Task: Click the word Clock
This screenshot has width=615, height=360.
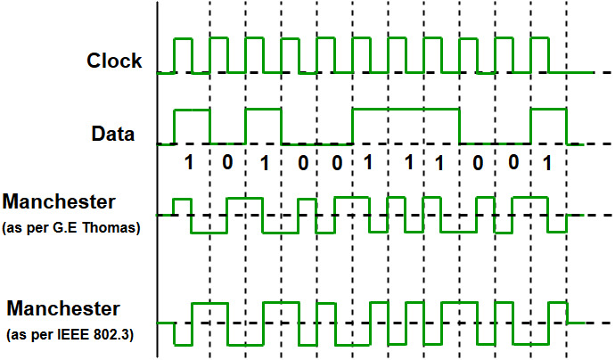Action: (x=114, y=61)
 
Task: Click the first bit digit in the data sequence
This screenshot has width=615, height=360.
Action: (x=188, y=164)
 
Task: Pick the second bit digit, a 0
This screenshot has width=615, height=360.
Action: (x=227, y=164)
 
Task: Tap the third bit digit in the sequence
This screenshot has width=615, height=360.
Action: (x=262, y=164)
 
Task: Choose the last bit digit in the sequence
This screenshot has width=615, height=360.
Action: (x=547, y=164)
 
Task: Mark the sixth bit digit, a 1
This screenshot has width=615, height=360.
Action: (x=367, y=164)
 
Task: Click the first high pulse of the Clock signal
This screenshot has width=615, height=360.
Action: (x=184, y=55)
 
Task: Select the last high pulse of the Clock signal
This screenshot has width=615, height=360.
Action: (x=540, y=55)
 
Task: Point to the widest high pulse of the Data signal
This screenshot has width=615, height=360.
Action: (x=406, y=125)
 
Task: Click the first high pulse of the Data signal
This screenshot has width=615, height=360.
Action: (x=193, y=125)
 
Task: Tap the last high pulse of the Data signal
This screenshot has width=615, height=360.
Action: (x=548, y=125)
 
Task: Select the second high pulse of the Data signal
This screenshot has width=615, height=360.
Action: (x=264, y=125)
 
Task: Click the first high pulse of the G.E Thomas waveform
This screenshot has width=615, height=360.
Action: (x=184, y=207)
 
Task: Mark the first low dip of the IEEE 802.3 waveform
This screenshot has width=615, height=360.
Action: (x=184, y=332)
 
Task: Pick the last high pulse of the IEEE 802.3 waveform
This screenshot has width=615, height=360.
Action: (x=558, y=312)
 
